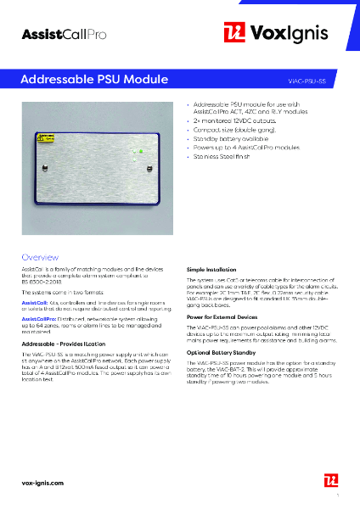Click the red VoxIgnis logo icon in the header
pyautogui.click(x=234, y=32)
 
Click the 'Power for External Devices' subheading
pyautogui.click(x=223, y=316)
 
